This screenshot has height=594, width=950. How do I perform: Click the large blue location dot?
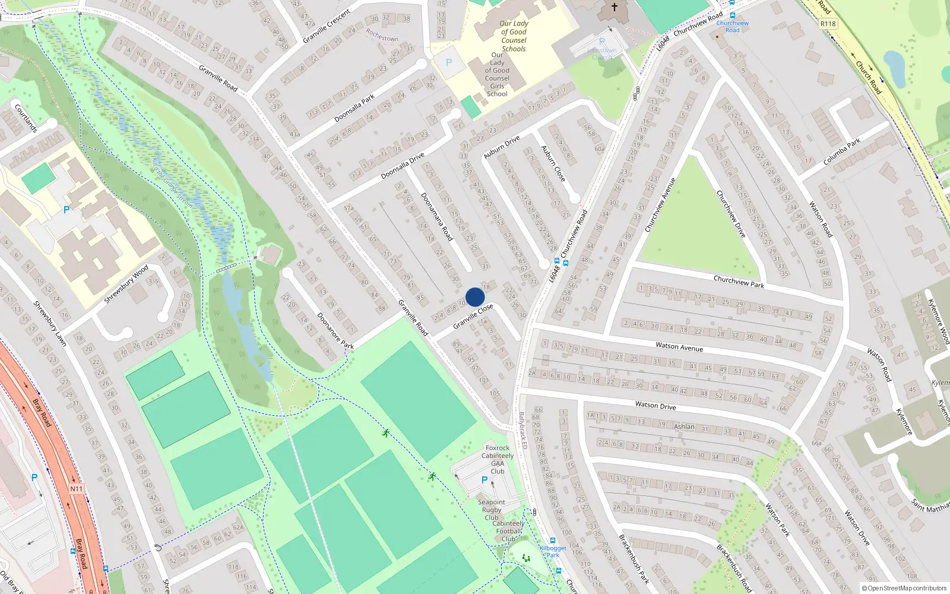475,297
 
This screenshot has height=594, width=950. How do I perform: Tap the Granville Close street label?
473,317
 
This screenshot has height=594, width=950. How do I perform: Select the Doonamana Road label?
437,217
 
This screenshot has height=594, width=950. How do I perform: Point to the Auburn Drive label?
502,147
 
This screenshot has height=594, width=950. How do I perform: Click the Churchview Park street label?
739,281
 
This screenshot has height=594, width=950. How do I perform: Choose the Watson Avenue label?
679,346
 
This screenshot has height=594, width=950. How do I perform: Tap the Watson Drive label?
655,405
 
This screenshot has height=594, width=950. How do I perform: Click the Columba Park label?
842,152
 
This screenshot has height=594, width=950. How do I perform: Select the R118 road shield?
828,24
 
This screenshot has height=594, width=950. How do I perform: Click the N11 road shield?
77,489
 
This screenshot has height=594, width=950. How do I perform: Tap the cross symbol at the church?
615,7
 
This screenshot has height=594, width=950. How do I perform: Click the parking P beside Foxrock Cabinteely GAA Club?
484,480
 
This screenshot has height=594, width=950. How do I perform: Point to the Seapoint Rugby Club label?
492,510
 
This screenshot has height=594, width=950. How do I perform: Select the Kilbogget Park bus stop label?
553,551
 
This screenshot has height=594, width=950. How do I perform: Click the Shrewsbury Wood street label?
126,285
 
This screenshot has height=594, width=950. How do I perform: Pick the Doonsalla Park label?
354,108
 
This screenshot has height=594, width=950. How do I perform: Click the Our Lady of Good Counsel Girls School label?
497,74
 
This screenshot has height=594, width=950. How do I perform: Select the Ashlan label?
684,426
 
